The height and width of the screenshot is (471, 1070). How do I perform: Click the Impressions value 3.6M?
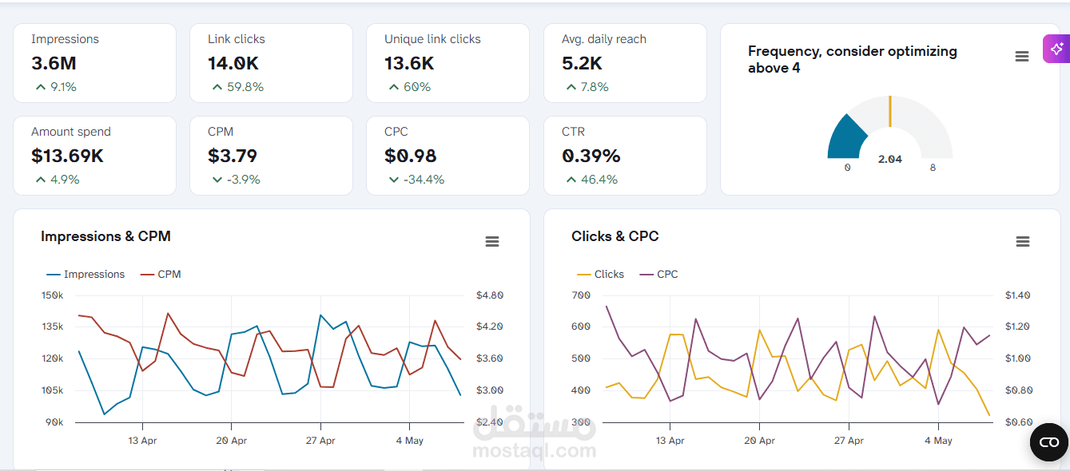(54, 64)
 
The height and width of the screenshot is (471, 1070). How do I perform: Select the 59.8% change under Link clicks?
(245, 87)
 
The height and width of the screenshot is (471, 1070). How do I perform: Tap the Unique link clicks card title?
(432, 39)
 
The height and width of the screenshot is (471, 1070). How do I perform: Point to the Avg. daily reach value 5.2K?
(582, 64)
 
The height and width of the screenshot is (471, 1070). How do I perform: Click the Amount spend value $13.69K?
(67, 156)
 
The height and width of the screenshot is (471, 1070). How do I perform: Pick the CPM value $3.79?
(233, 156)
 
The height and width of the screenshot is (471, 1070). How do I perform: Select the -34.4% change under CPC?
(424, 180)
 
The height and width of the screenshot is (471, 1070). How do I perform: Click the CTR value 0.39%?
(591, 156)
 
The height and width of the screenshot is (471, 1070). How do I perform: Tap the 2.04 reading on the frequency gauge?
(890, 160)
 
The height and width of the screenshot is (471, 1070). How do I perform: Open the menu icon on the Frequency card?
(1022, 57)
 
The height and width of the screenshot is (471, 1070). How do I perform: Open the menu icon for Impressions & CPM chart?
(492, 241)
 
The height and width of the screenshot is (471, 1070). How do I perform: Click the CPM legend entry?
(161, 275)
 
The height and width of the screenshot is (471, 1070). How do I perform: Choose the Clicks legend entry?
(600, 275)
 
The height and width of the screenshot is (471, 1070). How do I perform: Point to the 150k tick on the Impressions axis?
(52, 295)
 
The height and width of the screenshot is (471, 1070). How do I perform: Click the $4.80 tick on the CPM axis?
(490, 295)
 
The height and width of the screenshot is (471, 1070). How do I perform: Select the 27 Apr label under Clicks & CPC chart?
(849, 441)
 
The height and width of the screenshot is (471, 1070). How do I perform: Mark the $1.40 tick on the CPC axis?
(1017, 295)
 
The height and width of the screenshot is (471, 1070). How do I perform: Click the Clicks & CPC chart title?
(615, 236)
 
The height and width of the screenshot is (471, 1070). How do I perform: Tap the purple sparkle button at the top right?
(1056, 49)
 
